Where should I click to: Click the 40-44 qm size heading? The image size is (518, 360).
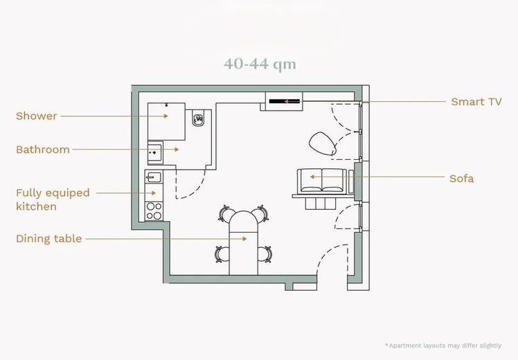tap(260, 64)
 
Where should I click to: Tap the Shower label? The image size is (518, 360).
tap(36, 116)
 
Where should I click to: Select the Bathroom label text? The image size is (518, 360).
tap(43, 150)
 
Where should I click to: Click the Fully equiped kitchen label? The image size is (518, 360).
tap(53, 199)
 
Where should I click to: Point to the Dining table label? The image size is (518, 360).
tap(49, 238)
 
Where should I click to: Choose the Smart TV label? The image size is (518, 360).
tap(476, 102)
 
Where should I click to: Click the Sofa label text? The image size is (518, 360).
tap(461, 179)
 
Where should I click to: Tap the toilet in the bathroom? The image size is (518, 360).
tap(197, 119)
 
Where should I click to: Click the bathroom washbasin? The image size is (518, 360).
tap(154, 152)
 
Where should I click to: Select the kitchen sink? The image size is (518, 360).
tap(154, 178)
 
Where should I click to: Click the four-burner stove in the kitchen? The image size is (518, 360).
tap(154, 211)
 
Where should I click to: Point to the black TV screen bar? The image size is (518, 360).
tap(284, 101)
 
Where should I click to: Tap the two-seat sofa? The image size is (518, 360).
tap(322, 181)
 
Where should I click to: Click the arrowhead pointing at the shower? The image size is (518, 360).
tap(166, 116)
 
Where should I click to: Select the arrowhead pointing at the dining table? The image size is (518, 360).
tap(244, 238)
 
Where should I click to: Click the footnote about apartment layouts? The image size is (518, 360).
tap(443, 345)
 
